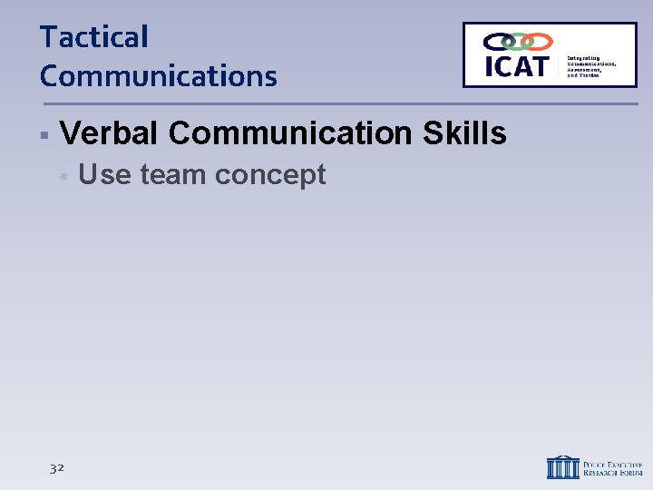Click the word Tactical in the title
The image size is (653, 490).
coord(93,38)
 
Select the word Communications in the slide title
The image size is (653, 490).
coord(158,76)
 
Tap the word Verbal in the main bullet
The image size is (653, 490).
coord(110,133)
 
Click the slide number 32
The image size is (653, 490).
coord(57,467)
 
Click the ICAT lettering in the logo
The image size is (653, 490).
coord(517,66)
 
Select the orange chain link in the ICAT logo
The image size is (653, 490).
coord(539,41)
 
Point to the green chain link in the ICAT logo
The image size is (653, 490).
coord(518,41)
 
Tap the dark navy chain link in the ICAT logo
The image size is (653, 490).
coord(497,41)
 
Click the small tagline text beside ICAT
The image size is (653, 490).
coord(590,66)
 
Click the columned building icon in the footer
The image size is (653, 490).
coord(562,466)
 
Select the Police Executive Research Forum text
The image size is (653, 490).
coord(613,467)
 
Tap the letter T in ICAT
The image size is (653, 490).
coord(540,66)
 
